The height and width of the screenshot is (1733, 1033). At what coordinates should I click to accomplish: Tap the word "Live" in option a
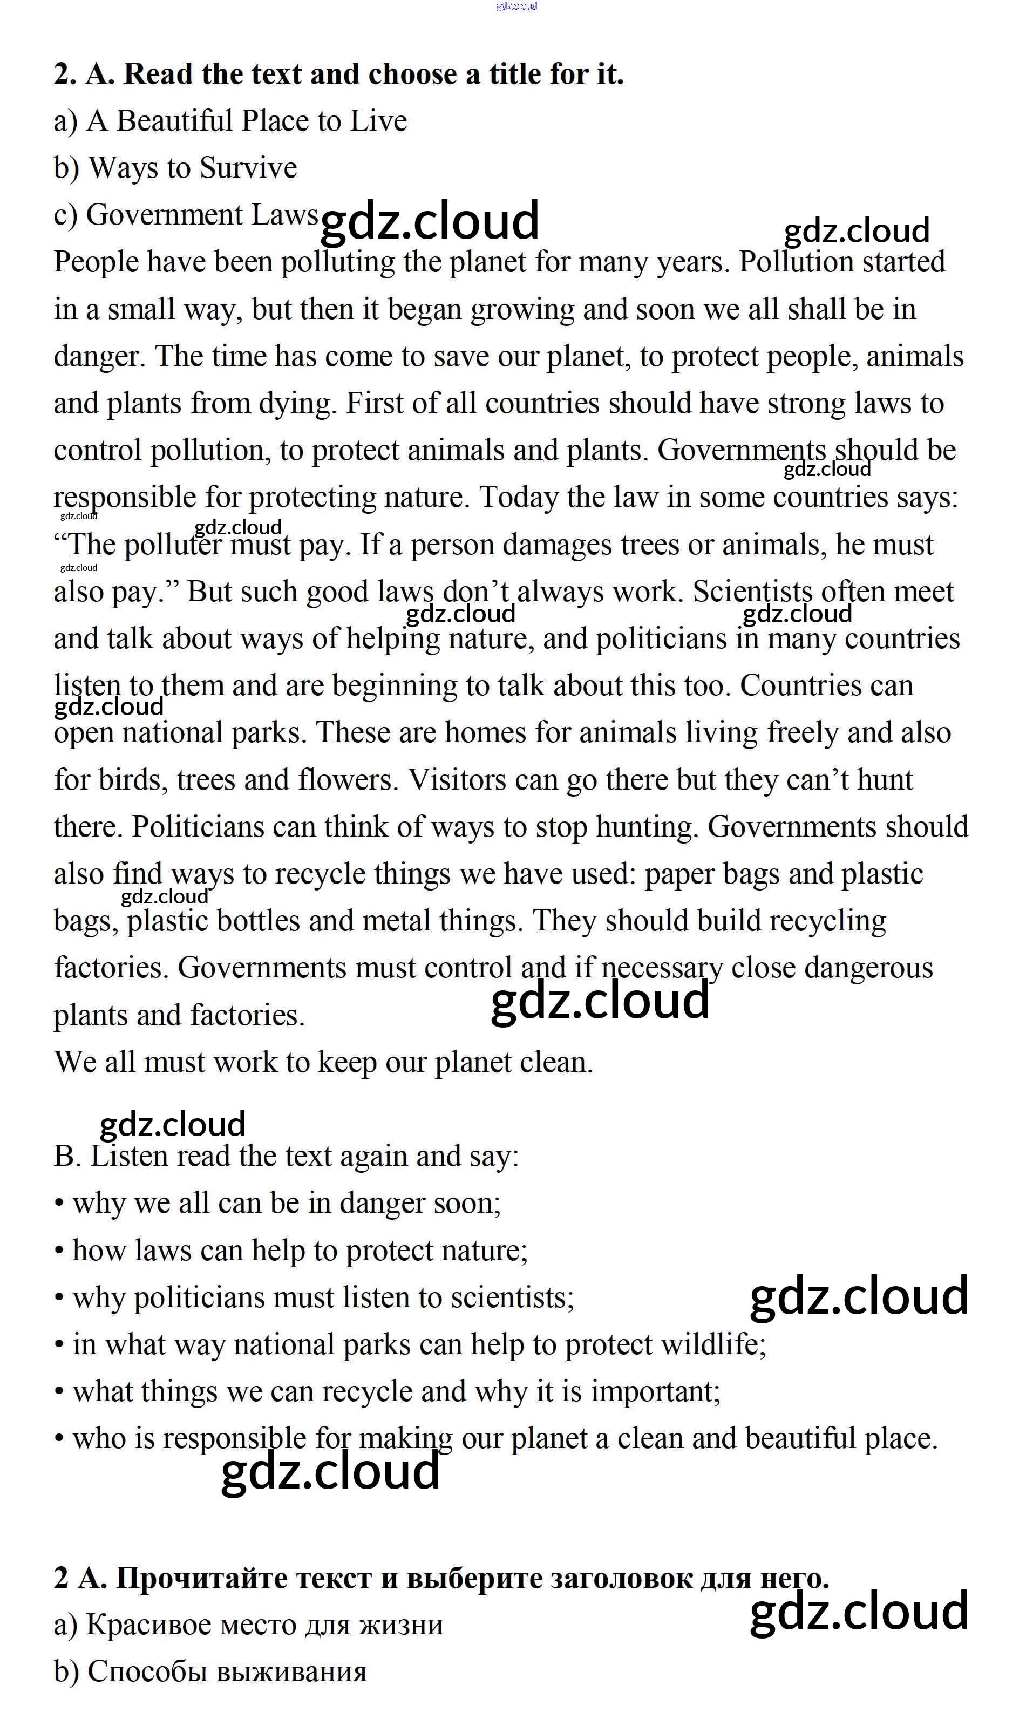pos(378,121)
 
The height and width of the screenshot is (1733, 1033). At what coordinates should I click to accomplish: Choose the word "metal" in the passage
pos(396,921)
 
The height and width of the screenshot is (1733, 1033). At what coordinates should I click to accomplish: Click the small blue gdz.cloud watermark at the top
pos(516,6)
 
